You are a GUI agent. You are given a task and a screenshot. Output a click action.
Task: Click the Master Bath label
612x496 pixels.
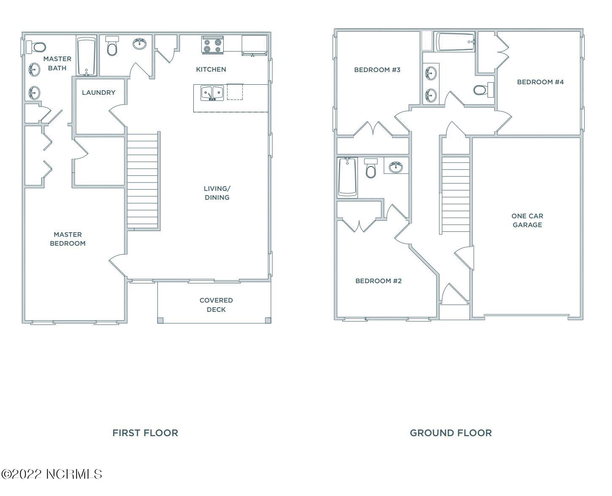pyautogui.click(x=57, y=63)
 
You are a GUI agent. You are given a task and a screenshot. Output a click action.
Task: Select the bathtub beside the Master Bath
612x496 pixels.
pyautogui.click(x=87, y=56)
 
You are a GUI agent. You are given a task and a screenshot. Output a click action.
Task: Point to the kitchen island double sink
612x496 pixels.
pyautogui.click(x=212, y=93)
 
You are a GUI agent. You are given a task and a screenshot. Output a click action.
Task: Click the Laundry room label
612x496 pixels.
pyautogui.click(x=98, y=93)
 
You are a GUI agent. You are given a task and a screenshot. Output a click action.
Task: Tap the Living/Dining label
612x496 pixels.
pyautogui.click(x=217, y=193)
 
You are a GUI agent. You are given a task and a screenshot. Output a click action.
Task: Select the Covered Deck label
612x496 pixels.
pyautogui.click(x=216, y=305)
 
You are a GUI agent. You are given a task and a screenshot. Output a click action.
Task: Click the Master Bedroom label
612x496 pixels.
pyautogui.click(x=68, y=239)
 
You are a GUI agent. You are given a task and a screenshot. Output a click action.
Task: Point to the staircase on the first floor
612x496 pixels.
pyautogui.click(x=143, y=180)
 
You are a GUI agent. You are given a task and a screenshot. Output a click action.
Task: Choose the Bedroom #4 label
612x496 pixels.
pyautogui.click(x=540, y=82)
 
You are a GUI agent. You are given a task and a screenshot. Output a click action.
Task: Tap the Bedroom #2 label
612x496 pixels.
pyautogui.click(x=378, y=281)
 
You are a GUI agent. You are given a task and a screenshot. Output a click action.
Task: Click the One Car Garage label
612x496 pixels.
pyautogui.click(x=527, y=220)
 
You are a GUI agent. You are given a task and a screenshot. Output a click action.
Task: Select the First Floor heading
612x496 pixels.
pyautogui.click(x=145, y=433)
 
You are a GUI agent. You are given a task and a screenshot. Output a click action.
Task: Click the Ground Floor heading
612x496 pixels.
pyautogui.click(x=451, y=433)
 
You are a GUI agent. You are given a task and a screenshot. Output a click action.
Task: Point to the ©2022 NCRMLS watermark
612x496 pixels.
pyautogui.click(x=51, y=474)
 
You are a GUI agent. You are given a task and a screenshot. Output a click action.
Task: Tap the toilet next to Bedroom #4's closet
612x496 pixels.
pyautogui.click(x=483, y=90)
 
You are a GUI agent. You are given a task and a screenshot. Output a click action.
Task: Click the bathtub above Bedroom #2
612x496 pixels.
pyautogui.click(x=347, y=177)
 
